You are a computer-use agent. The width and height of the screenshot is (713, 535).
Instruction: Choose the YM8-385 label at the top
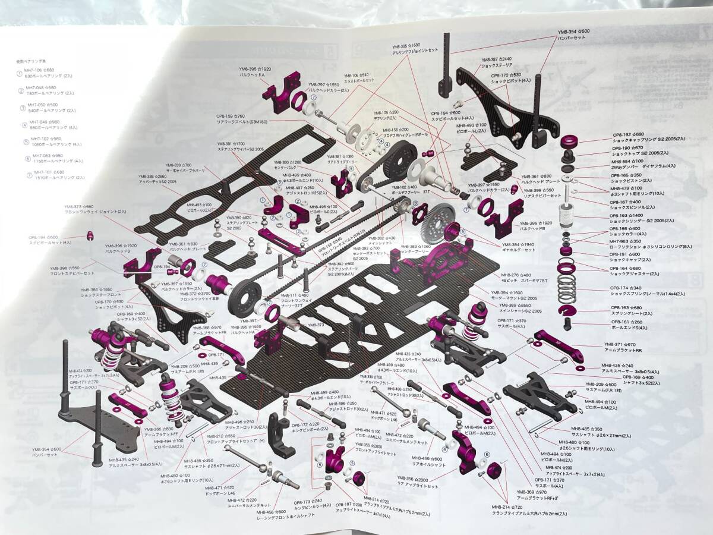pos(405,45)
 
